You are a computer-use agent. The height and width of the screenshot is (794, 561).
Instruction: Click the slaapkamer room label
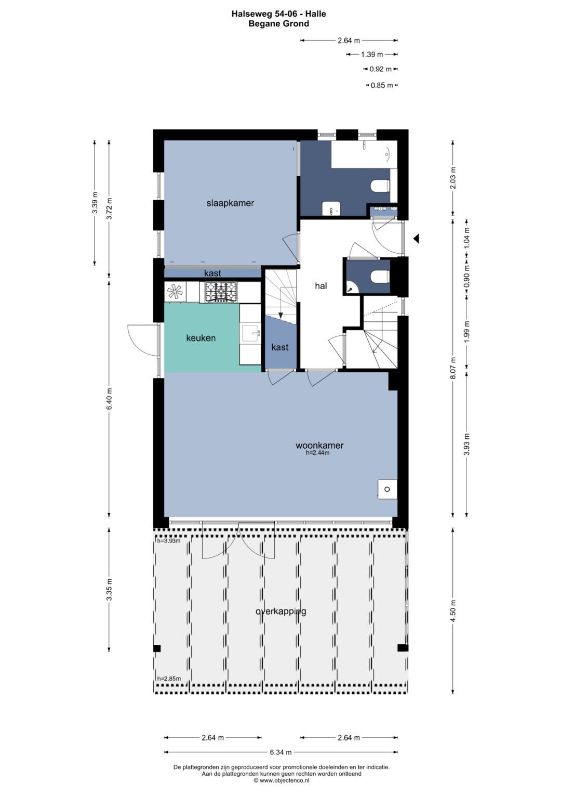click(x=230, y=203)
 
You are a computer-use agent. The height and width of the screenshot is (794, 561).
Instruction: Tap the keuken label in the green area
click(x=201, y=338)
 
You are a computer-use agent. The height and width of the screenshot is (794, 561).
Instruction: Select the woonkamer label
click(x=319, y=445)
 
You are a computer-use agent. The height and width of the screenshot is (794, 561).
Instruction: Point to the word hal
click(x=321, y=285)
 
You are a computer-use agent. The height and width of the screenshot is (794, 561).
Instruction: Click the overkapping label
click(x=281, y=611)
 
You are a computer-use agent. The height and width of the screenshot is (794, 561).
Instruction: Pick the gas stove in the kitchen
click(x=221, y=292)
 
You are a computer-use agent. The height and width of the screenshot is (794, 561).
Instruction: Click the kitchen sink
click(x=251, y=333)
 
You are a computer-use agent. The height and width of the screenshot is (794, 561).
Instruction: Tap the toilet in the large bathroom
click(x=380, y=186)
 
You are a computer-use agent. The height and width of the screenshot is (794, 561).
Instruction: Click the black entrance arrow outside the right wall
click(x=416, y=239)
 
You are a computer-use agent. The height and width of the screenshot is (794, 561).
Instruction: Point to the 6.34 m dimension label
click(x=281, y=752)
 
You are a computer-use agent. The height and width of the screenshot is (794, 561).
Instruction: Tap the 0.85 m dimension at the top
click(x=382, y=85)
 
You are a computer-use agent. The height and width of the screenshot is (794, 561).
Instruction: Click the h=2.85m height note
click(x=169, y=679)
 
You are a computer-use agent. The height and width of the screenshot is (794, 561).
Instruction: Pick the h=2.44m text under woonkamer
click(x=318, y=453)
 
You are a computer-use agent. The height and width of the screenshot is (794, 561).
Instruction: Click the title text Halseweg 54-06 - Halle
click(x=279, y=14)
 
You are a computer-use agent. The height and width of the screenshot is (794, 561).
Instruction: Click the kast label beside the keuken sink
click(x=280, y=347)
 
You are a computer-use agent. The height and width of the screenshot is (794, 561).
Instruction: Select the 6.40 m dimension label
click(x=109, y=399)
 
